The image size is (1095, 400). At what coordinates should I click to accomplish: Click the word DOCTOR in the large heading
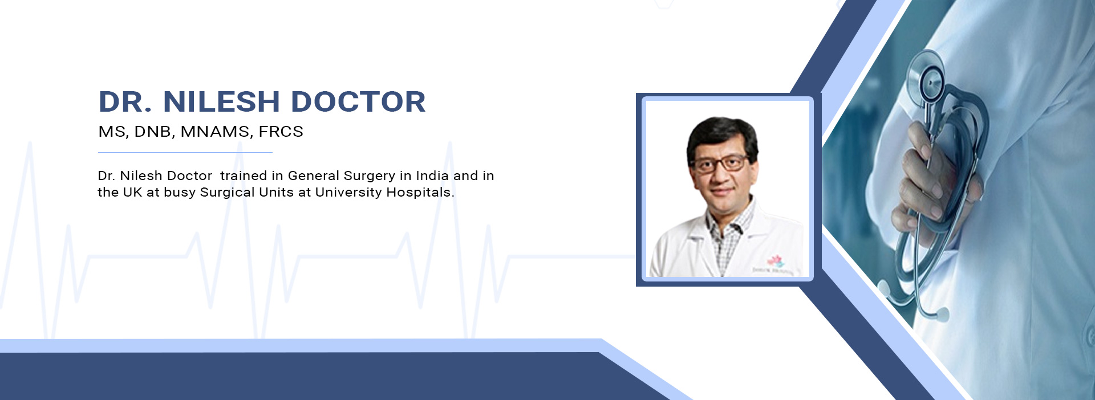358,102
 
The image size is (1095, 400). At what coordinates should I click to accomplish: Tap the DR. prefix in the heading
125,102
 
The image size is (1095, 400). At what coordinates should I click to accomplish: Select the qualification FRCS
281,132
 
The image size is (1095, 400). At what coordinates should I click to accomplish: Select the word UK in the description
132,192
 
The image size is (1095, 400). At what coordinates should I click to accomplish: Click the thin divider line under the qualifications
185,153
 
